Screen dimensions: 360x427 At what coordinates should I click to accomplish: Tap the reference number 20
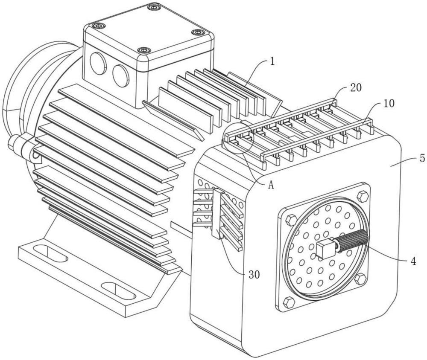355,88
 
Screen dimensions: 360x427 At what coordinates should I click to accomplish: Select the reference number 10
389,104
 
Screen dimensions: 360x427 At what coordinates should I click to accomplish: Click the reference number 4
413,260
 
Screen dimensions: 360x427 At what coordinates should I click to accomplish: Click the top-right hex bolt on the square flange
363,196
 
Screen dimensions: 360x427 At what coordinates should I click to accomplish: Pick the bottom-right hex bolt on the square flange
360,279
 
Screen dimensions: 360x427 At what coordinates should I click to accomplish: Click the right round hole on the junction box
120,75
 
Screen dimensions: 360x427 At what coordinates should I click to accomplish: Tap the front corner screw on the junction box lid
144,51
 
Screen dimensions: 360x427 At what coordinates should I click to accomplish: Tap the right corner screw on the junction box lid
198,32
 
